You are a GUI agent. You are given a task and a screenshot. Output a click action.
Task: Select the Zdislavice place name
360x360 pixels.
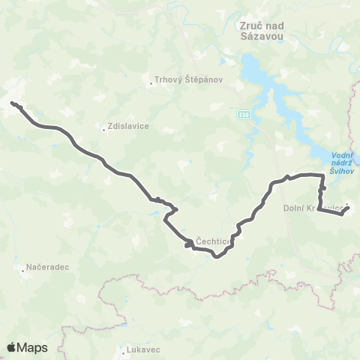click(130, 127)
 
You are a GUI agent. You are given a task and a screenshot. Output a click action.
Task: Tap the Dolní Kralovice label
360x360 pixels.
click(313, 207)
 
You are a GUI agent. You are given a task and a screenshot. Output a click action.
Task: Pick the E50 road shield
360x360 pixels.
click(244, 114)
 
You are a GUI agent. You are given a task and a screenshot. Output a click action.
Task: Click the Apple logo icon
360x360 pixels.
click(12, 347)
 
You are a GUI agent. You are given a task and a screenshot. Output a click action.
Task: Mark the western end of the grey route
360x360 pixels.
click(13, 104)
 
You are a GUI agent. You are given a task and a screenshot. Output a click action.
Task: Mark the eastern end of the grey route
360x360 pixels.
click(347, 209)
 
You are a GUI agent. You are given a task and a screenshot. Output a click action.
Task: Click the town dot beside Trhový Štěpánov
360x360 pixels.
click(151, 83)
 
